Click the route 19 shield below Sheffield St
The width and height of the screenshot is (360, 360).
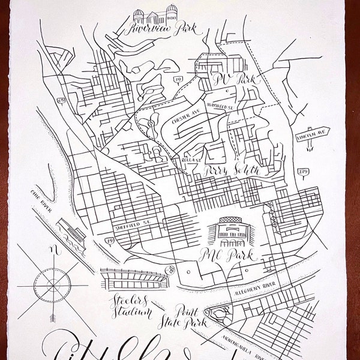[111, 241]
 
